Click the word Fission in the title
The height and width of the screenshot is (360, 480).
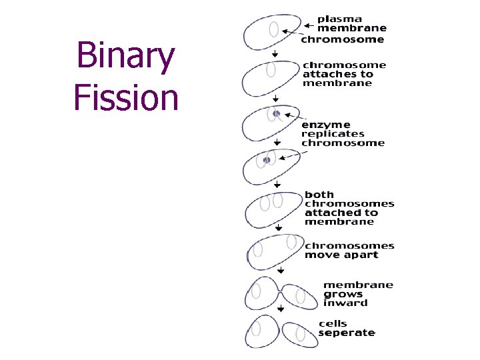(x=126, y=97)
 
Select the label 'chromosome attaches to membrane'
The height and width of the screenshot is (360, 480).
(x=344, y=74)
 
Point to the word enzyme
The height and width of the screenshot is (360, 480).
(x=327, y=124)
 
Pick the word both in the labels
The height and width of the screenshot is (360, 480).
(x=319, y=195)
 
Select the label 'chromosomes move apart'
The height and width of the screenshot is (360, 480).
(x=349, y=250)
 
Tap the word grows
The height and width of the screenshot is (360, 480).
(x=343, y=294)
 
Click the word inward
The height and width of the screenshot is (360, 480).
(x=345, y=303)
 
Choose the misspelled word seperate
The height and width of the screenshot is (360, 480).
(x=347, y=333)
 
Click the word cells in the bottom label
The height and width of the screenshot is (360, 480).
(x=332, y=323)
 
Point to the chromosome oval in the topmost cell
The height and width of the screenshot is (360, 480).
(x=273, y=29)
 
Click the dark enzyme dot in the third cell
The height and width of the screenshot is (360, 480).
(x=276, y=114)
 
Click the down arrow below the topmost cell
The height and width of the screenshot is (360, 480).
(x=275, y=54)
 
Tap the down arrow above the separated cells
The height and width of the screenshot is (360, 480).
(x=281, y=309)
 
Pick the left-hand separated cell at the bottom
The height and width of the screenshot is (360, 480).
(x=262, y=331)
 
